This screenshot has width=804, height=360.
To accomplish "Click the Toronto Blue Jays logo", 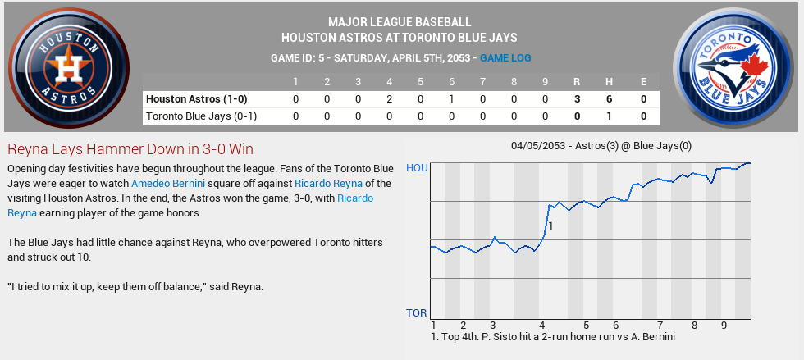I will point(736,67).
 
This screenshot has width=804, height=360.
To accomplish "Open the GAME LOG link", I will point(505,58).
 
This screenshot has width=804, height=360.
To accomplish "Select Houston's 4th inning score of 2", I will point(390,99).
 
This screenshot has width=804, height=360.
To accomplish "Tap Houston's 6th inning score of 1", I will point(451,99).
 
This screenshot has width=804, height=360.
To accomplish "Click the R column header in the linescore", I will point(578,81).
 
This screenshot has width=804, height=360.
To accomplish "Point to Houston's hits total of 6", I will point(610,99).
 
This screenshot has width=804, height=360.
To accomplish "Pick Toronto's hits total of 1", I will point(610,116).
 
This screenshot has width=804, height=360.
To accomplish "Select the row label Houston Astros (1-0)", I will point(196,99).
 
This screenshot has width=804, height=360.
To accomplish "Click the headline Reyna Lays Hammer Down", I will point(130,149).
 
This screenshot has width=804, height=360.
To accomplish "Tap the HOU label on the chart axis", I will point(417,168).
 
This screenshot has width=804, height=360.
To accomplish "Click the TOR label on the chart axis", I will point(417,313).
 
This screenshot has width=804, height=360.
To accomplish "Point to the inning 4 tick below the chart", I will point(541,326).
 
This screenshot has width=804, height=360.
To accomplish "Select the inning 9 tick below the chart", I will point(724,326).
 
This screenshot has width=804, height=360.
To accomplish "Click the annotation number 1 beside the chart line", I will point(551,226).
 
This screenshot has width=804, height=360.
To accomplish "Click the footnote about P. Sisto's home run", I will point(552,337).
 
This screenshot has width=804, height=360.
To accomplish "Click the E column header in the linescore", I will point(644,81).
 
